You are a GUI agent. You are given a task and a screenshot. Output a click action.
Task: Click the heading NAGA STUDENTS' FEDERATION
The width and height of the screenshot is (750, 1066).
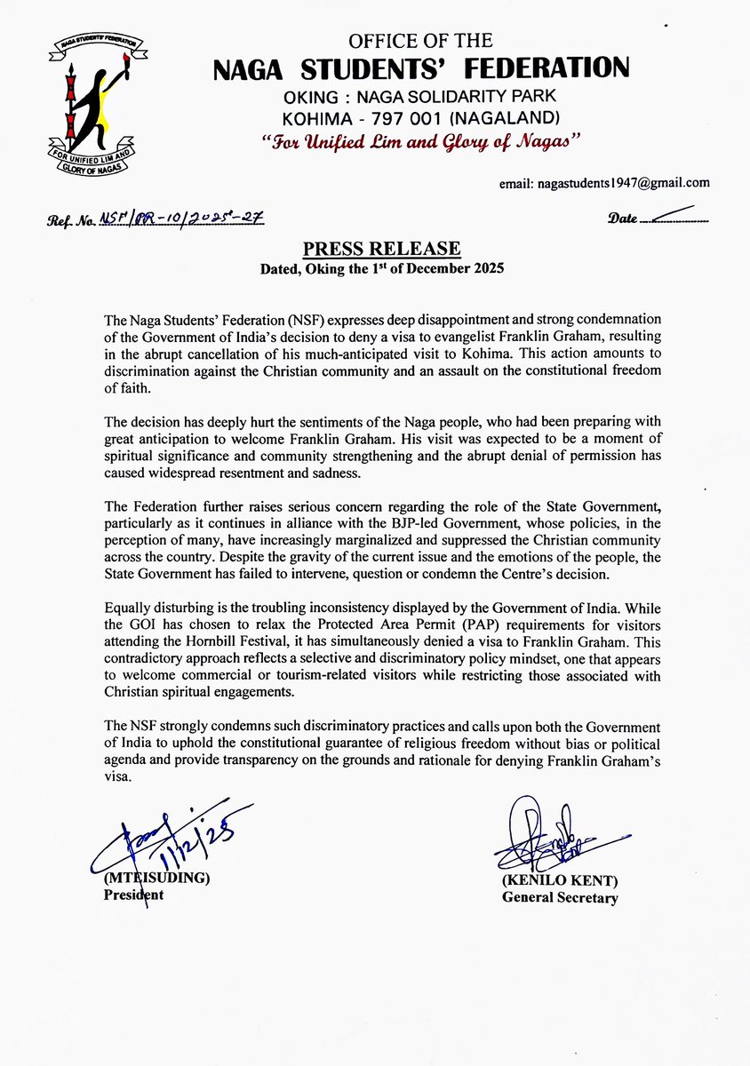click(x=420, y=68)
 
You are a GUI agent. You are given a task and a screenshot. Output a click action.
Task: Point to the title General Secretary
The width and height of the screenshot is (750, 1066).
click(x=559, y=897)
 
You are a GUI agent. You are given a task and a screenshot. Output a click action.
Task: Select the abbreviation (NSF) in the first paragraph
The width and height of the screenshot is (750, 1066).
click(x=249, y=318)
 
